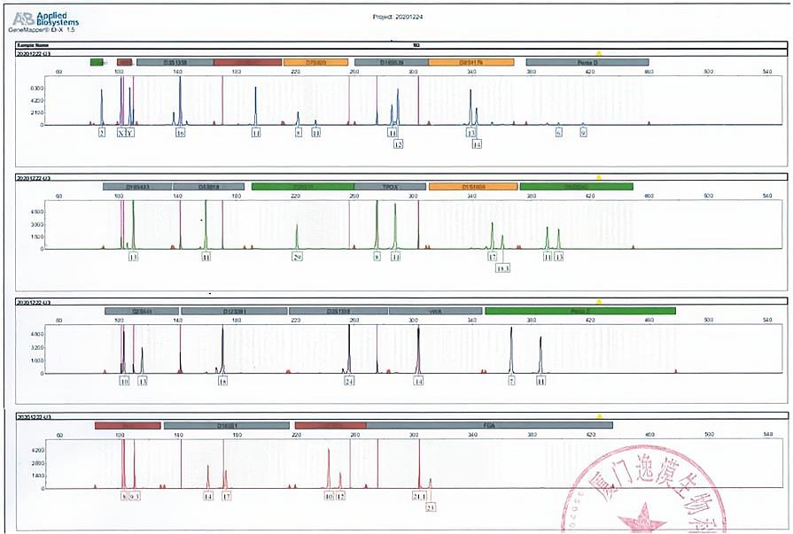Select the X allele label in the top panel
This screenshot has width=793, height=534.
point(121,133)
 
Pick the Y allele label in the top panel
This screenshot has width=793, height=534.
point(130,133)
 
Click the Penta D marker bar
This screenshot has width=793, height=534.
point(587,62)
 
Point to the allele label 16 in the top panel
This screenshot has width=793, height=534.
point(180,133)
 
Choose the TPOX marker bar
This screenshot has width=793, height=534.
point(391,187)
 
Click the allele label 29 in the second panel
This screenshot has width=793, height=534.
point(298,257)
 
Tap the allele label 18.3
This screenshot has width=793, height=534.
point(502,267)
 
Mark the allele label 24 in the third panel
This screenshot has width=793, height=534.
point(349,381)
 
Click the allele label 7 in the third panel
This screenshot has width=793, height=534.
point(511,381)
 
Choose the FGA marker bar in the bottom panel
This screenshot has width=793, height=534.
point(488,425)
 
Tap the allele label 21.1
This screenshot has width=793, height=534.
point(419,497)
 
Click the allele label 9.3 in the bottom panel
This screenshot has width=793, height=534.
point(135,497)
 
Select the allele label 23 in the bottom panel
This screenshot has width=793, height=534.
point(431,507)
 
